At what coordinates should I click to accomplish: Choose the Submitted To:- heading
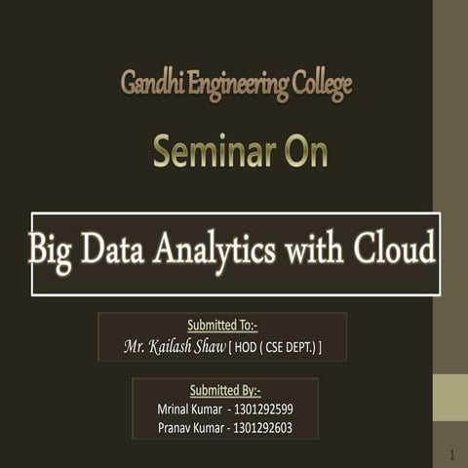(222, 326)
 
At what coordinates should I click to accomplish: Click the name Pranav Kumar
(190, 428)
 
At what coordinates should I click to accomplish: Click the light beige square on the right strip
(450, 399)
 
